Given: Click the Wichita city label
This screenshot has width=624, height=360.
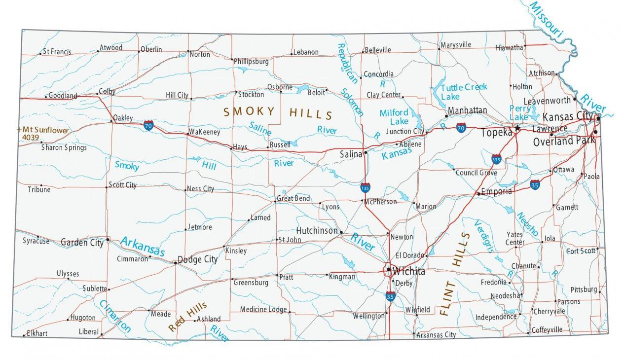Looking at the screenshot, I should (x=409, y=271).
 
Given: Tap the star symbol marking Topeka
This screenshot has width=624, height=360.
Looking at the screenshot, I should (x=517, y=128).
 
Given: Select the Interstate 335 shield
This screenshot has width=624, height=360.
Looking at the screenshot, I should (x=496, y=159).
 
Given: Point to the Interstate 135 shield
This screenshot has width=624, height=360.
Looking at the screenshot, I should (x=365, y=187).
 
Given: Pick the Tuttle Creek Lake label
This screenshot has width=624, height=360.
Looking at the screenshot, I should (x=464, y=92).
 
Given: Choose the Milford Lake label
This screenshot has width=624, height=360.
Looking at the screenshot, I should (x=394, y=117).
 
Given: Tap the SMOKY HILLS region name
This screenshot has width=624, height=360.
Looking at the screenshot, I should (x=278, y=113).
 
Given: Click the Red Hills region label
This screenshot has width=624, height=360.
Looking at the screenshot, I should (x=187, y=317).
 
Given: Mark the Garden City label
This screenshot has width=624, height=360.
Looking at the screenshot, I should (x=82, y=242).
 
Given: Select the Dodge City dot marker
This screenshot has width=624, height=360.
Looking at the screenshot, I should (x=175, y=263).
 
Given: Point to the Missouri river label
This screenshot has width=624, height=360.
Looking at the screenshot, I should (x=547, y=19).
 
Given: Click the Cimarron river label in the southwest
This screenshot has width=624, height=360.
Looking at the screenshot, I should (x=115, y=316).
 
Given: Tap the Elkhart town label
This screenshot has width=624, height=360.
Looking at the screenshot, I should (x=37, y=333).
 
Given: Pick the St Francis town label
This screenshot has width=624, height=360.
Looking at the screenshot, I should (x=57, y=51).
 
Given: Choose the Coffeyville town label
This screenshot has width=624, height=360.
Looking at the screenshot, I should (x=547, y=330).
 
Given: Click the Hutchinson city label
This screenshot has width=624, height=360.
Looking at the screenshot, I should (x=317, y=230).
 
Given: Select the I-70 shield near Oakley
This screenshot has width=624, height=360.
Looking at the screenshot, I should (x=148, y=125).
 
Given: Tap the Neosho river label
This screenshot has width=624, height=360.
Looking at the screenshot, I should (x=527, y=225).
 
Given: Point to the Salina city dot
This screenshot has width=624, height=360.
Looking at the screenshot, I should (x=366, y=153).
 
